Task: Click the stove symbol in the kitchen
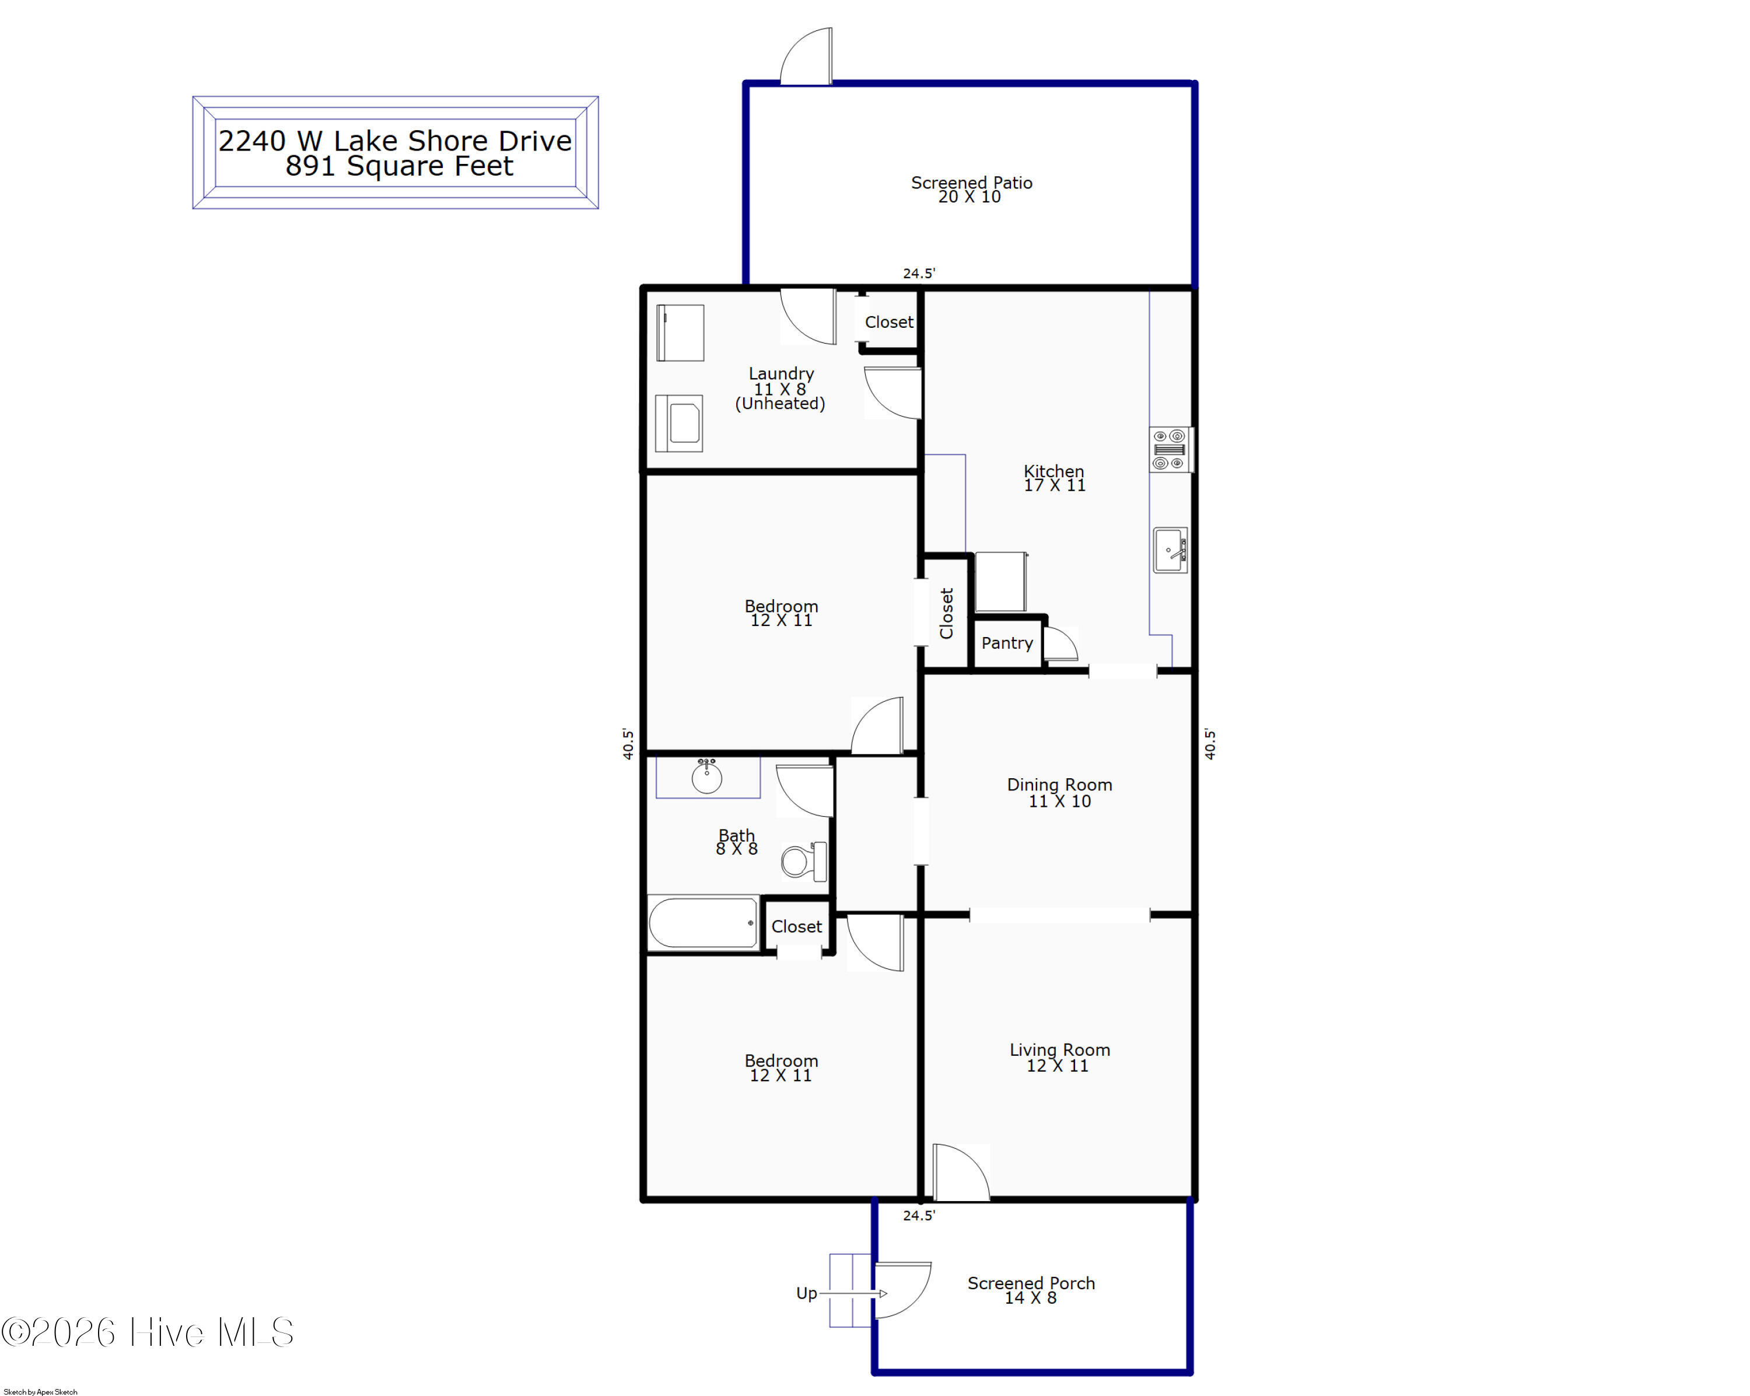pos(1170,449)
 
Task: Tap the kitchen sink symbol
pos(1170,550)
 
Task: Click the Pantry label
pos(1006,643)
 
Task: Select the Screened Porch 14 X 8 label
pos(1031,1290)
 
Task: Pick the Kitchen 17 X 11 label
pos(1053,478)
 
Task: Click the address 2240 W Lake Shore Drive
pos(395,141)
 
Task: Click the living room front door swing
pos(961,1172)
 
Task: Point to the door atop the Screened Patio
pos(806,56)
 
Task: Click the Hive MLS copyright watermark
pos(147,1332)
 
